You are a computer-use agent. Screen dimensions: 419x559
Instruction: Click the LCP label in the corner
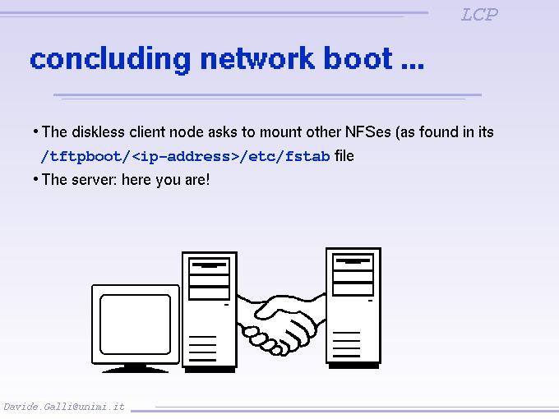(x=479, y=14)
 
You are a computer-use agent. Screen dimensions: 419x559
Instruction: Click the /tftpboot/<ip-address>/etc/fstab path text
(x=185, y=156)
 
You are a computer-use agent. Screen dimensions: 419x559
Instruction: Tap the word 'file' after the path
(x=344, y=155)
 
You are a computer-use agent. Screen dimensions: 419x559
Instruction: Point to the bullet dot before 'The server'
(x=35, y=178)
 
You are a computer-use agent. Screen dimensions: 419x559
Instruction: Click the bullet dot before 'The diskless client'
(x=35, y=131)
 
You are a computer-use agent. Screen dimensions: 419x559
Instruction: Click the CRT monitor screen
(x=134, y=324)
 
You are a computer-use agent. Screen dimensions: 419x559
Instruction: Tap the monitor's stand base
(x=135, y=367)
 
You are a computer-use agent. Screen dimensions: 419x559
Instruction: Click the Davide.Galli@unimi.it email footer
(x=64, y=407)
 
